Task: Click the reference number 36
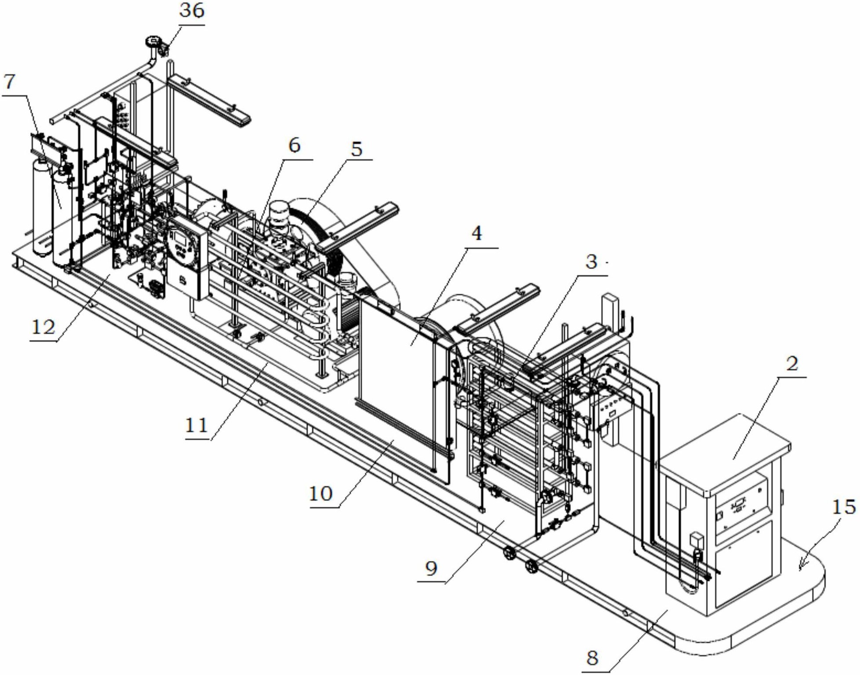point(192,11)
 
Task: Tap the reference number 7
point(9,82)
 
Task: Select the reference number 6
point(294,145)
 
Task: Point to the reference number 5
point(356,149)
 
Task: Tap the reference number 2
point(792,364)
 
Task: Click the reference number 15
point(844,508)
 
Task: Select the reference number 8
point(593,658)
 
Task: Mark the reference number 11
point(196,426)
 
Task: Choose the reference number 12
point(43,327)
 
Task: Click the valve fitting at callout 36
point(163,48)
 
